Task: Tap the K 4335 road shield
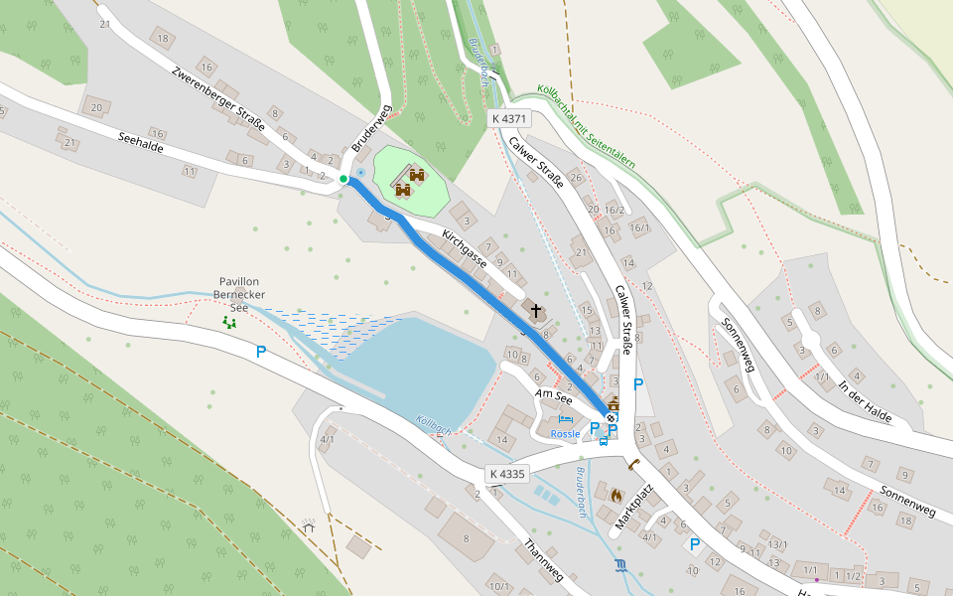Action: click(x=507, y=474)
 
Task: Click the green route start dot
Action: click(x=343, y=179)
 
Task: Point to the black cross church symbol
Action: click(x=536, y=312)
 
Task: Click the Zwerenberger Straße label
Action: click(x=217, y=98)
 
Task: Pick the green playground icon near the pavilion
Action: click(x=230, y=322)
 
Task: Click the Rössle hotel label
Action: click(x=565, y=434)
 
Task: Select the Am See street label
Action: click(x=554, y=396)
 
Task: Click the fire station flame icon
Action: click(x=616, y=493)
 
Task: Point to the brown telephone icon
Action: click(x=632, y=464)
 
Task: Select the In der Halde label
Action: click(x=865, y=400)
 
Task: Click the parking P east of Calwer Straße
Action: click(x=638, y=384)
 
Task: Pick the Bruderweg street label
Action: click(x=371, y=127)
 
